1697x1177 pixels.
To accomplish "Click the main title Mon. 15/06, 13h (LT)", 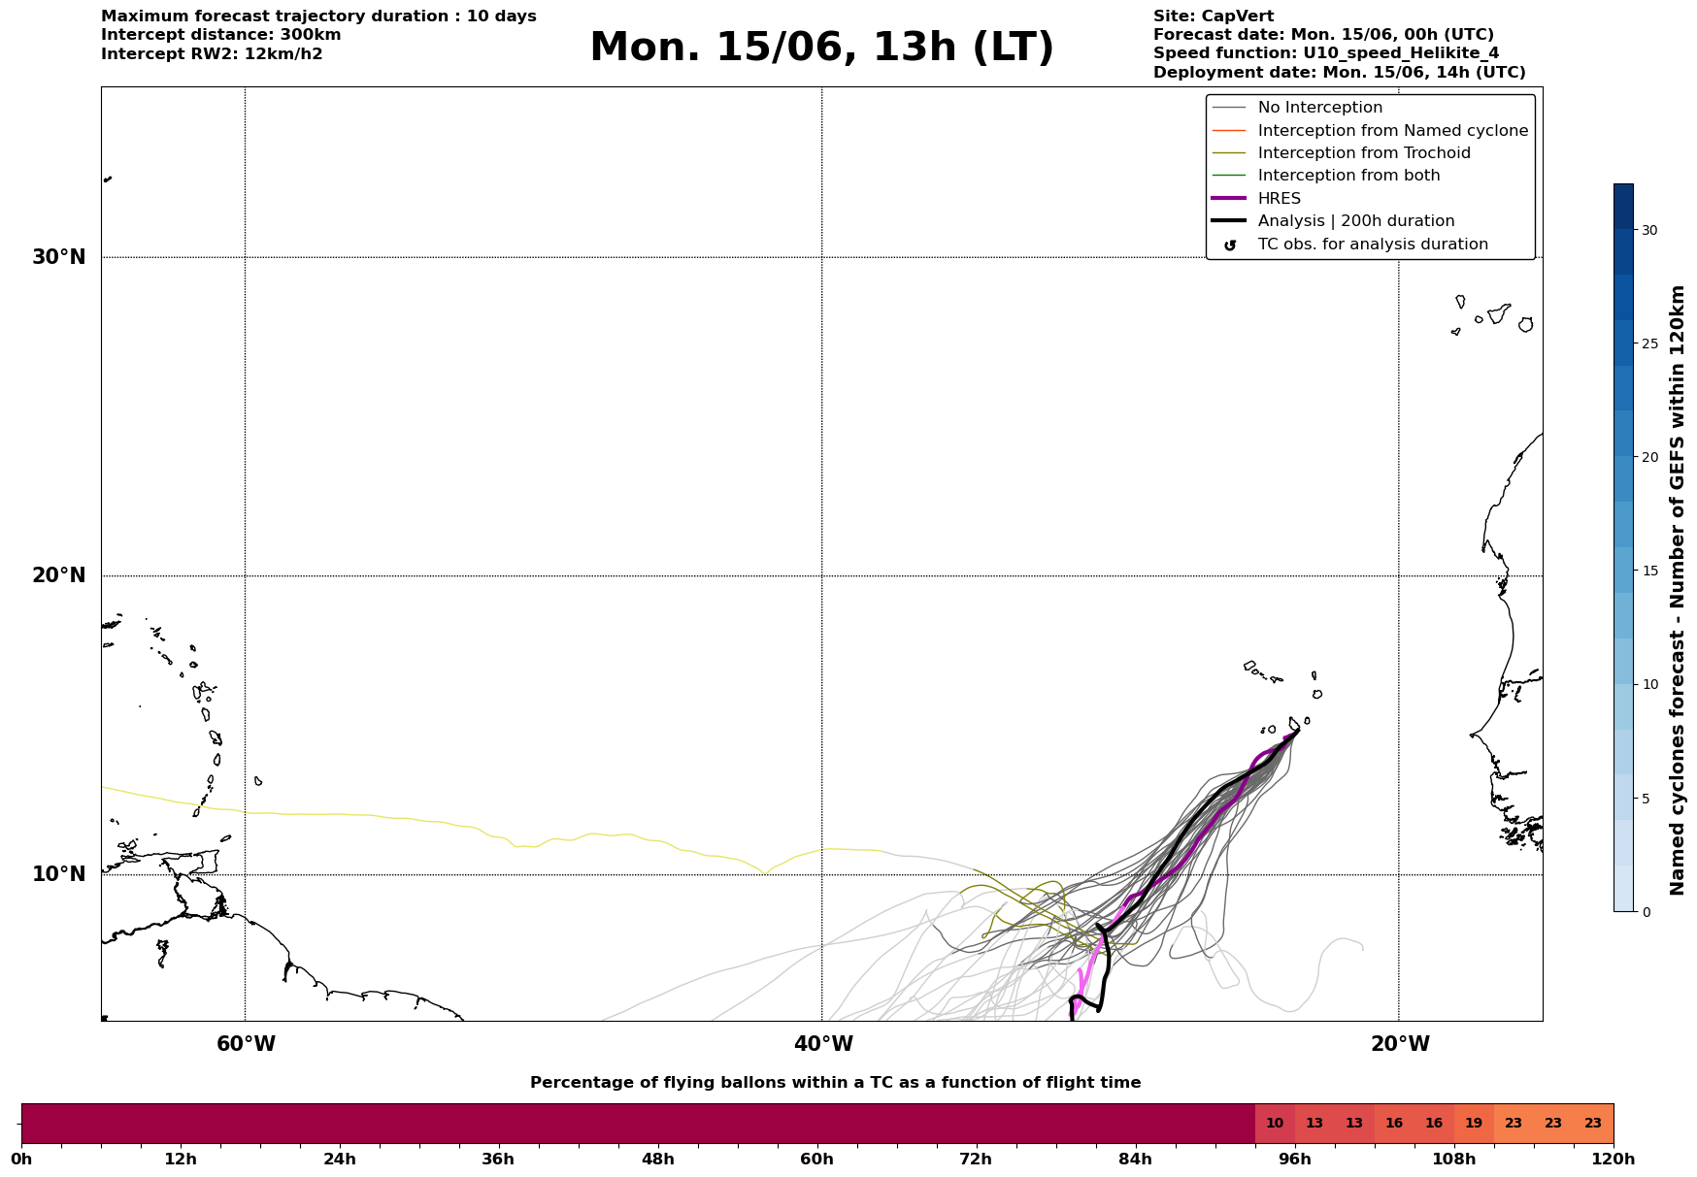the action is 821,48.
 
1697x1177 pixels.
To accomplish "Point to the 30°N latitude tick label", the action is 59,257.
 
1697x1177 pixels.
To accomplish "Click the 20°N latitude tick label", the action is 59,575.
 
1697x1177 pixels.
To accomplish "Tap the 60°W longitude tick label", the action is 246,1044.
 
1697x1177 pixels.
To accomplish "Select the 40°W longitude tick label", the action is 823,1044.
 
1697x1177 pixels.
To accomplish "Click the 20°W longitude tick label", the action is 1400,1044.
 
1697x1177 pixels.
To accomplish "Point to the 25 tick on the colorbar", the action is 1649,343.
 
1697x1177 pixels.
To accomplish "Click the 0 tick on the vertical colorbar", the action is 1646,912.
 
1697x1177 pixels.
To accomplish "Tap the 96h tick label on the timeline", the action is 1295,1159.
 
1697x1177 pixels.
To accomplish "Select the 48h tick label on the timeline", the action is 657,1159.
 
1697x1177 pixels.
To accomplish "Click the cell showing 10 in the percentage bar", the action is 1275,1124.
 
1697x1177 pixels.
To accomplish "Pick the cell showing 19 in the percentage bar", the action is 1474,1124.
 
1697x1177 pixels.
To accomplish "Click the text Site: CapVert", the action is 1214,16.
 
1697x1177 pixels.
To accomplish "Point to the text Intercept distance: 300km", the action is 221,35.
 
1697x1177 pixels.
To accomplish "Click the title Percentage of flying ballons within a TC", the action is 836,1083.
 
